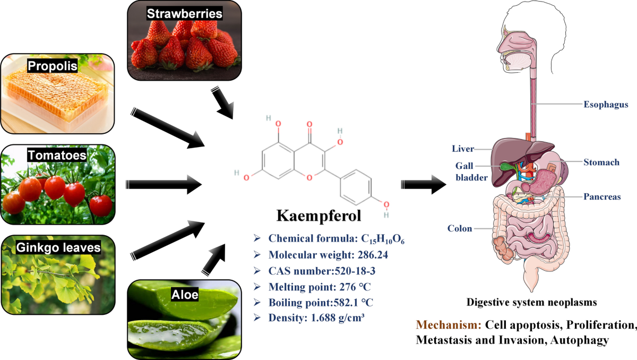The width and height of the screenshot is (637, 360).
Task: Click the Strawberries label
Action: coord(185,13)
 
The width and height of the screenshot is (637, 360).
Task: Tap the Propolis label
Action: coord(53,66)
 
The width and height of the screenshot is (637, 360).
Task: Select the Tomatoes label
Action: coord(57,155)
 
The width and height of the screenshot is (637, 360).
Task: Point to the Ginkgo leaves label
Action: coord(58,247)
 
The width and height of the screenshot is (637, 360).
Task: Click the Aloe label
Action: coord(185,294)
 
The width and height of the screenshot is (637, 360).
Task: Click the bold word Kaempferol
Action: coord(319,216)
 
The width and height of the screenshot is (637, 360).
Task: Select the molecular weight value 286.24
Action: coord(373,255)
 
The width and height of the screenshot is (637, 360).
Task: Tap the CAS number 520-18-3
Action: coord(355,271)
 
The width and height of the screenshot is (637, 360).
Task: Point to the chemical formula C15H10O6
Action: coord(383,239)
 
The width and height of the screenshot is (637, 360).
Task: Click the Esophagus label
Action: coord(606,105)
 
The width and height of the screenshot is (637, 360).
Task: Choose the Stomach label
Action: coord(601,162)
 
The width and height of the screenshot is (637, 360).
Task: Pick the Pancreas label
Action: coord(602,196)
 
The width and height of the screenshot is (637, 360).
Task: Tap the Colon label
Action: coord(460,228)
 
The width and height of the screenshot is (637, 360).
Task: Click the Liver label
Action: coord(463,149)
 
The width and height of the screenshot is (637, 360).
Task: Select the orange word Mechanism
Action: coord(449,325)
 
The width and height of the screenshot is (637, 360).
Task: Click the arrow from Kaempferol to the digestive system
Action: coord(424,185)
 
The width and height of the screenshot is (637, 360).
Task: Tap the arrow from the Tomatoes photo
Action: coord(164,185)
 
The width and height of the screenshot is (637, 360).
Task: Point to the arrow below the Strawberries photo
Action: coord(222,102)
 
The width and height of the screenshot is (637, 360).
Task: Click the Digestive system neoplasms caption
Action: coord(531,302)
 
